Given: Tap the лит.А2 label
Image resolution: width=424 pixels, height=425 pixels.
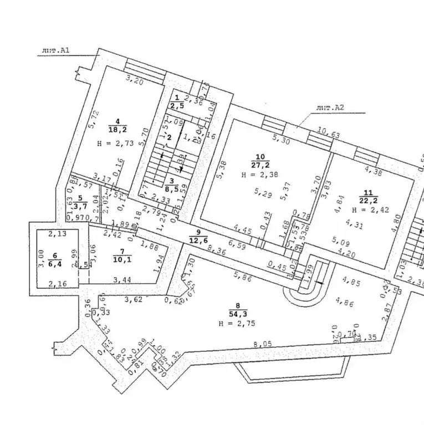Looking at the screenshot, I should click(330, 108).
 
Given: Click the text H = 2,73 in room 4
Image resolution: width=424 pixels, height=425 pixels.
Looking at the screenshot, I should click(115, 143).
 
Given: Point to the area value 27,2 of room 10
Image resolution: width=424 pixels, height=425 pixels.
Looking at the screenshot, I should click(260, 165).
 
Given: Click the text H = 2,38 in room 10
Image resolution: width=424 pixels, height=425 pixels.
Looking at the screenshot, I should click(260, 175).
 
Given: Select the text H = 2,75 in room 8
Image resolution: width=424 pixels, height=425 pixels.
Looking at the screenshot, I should click(237, 323).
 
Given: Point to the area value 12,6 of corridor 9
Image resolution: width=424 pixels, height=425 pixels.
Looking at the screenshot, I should click(198, 239).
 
